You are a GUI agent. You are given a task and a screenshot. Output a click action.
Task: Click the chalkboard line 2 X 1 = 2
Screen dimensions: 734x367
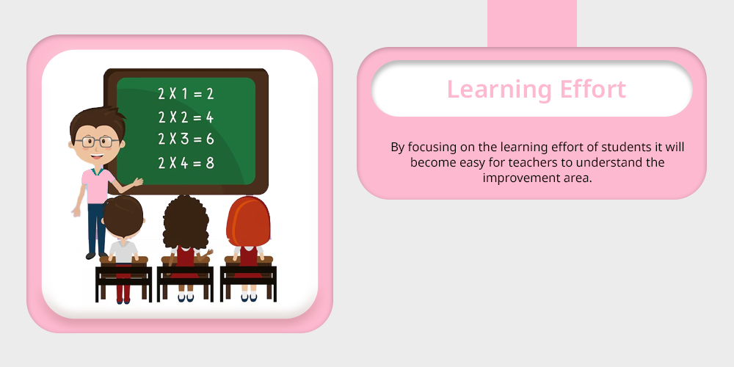coord(186,94)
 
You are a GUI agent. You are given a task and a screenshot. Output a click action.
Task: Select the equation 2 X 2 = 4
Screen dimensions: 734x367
coord(186,117)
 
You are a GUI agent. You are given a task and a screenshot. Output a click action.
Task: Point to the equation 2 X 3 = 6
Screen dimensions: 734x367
coord(186,139)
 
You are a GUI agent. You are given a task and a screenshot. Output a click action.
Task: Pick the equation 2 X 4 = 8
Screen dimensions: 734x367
coord(186,162)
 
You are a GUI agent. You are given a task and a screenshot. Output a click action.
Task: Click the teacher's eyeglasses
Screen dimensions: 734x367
coord(97,142)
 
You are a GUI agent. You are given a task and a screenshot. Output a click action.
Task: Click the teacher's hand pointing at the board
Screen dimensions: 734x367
coord(138,181)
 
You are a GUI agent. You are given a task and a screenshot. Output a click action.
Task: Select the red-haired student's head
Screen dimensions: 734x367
coord(248,222)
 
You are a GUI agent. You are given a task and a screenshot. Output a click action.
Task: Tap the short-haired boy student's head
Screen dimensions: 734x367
coord(123,217)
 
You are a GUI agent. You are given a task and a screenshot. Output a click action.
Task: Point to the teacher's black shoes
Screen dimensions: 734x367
coord(97,255)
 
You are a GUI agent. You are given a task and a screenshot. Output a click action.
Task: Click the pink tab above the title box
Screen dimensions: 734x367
coord(531,23)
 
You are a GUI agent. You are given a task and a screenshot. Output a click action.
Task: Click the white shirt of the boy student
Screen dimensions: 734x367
coord(123,251)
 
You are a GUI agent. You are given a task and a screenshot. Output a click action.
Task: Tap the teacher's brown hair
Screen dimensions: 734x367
coord(98,122)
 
